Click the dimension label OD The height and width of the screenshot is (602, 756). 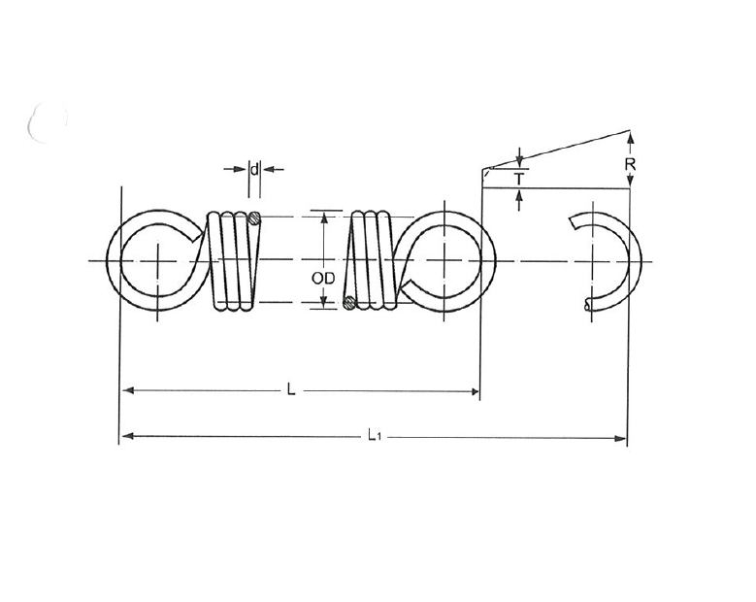pyautogui.click(x=324, y=278)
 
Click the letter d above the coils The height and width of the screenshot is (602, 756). pyautogui.click(x=254, y=169)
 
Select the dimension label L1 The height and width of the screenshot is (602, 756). pyautogui.click(x=374, y=437)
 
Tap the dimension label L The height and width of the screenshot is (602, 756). pyautogui.click(x=291, y=390)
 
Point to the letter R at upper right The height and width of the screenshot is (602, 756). pyautogui.click(x=630, y=165)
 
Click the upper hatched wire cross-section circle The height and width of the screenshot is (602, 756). pyautogui.click(x=255, y=217)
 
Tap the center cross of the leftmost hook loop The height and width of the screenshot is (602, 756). pyautogui.click(x=158, y=260)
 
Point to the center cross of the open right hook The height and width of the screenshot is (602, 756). pyautogui.click(x=592, y=260)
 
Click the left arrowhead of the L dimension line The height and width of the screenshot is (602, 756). pyautogui.click(x=127, y=391)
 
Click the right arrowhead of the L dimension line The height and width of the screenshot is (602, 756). pyautogui.click(x=475, y=391)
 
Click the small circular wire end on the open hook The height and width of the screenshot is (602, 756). pyautogui.click(x=588, y=305)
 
